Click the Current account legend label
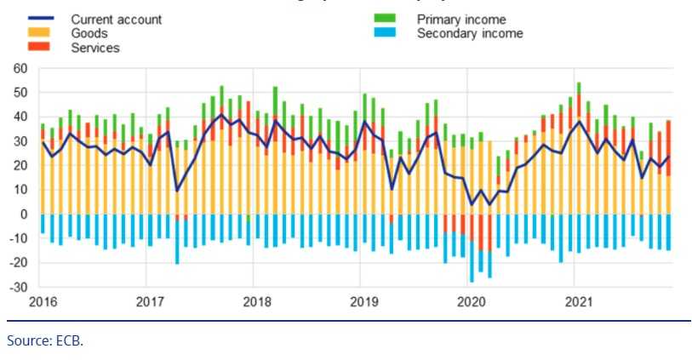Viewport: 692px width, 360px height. (x=116, y=19)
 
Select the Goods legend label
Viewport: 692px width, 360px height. (x=89, y=33)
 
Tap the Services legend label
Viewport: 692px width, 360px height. (x=95, y=48)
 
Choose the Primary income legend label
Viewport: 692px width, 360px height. (x=461, y=19)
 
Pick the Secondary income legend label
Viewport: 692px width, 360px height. (x=470, y=33)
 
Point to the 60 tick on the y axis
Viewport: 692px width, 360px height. (x=20, y=68)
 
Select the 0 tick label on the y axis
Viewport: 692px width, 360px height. (x=25, y=214)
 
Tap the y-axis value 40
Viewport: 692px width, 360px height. (x=20, y=117)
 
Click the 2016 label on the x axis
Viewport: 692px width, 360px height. (x=42, y=301)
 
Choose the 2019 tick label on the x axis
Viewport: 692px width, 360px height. (x=364, y=301)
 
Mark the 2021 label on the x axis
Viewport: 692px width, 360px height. (x=579, y=301)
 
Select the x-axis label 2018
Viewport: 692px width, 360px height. (x=257, y=301)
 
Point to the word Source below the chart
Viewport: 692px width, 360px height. (x=28, y=340)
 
